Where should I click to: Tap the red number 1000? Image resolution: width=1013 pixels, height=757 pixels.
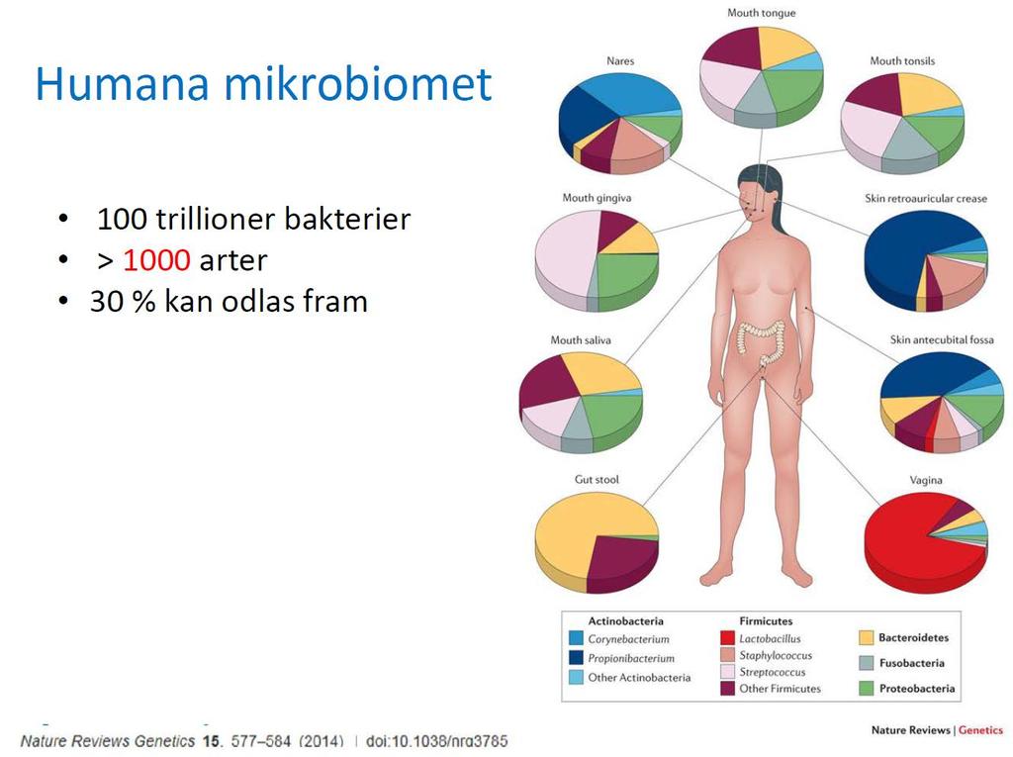[x=156, y=260]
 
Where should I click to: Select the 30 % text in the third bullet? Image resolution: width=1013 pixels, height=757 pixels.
[x=123, y=301]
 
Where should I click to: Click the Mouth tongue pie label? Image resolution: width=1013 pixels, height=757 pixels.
[x=761, y=12]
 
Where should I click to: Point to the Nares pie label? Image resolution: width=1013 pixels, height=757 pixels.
[x=620, y=60]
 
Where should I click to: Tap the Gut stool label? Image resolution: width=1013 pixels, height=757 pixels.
[x=597, y=479]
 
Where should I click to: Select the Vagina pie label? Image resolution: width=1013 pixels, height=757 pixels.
[x=926, y=480]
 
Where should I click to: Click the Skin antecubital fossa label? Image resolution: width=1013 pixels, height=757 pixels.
[x=942, y=339]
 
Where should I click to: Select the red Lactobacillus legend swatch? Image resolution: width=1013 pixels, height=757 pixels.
[x=727, y=638]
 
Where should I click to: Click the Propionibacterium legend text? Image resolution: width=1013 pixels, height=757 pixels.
[x=630, y=658]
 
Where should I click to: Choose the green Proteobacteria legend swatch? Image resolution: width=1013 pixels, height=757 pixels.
[x=867, y=688]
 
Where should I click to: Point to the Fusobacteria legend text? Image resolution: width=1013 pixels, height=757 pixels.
[x=911, y=663]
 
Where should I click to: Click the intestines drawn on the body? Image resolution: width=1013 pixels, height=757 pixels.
[x=763, y=342]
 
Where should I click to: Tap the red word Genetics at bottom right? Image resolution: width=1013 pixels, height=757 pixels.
[x=980, y=730]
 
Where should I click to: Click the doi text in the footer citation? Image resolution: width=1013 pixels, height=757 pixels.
[x=436, y=741]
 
